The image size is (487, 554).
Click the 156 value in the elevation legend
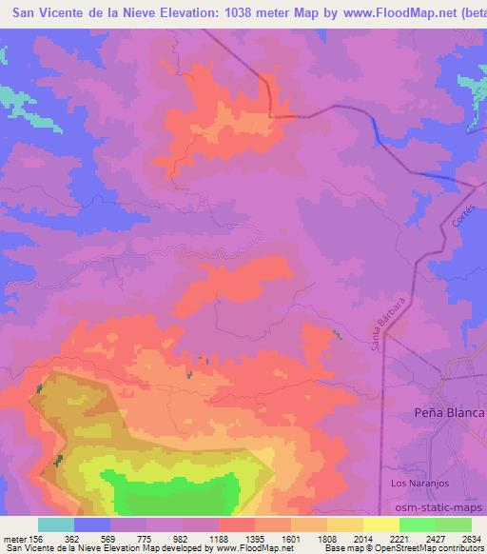[x=35, y=539]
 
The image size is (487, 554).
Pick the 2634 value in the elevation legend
[x=471, y=539]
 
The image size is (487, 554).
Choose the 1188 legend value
[x=218, y=539]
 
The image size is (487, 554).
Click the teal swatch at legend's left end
[x=56, y=524]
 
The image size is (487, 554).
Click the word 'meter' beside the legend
[x=12, y=539]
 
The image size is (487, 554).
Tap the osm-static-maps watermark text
[x=448, y=508]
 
